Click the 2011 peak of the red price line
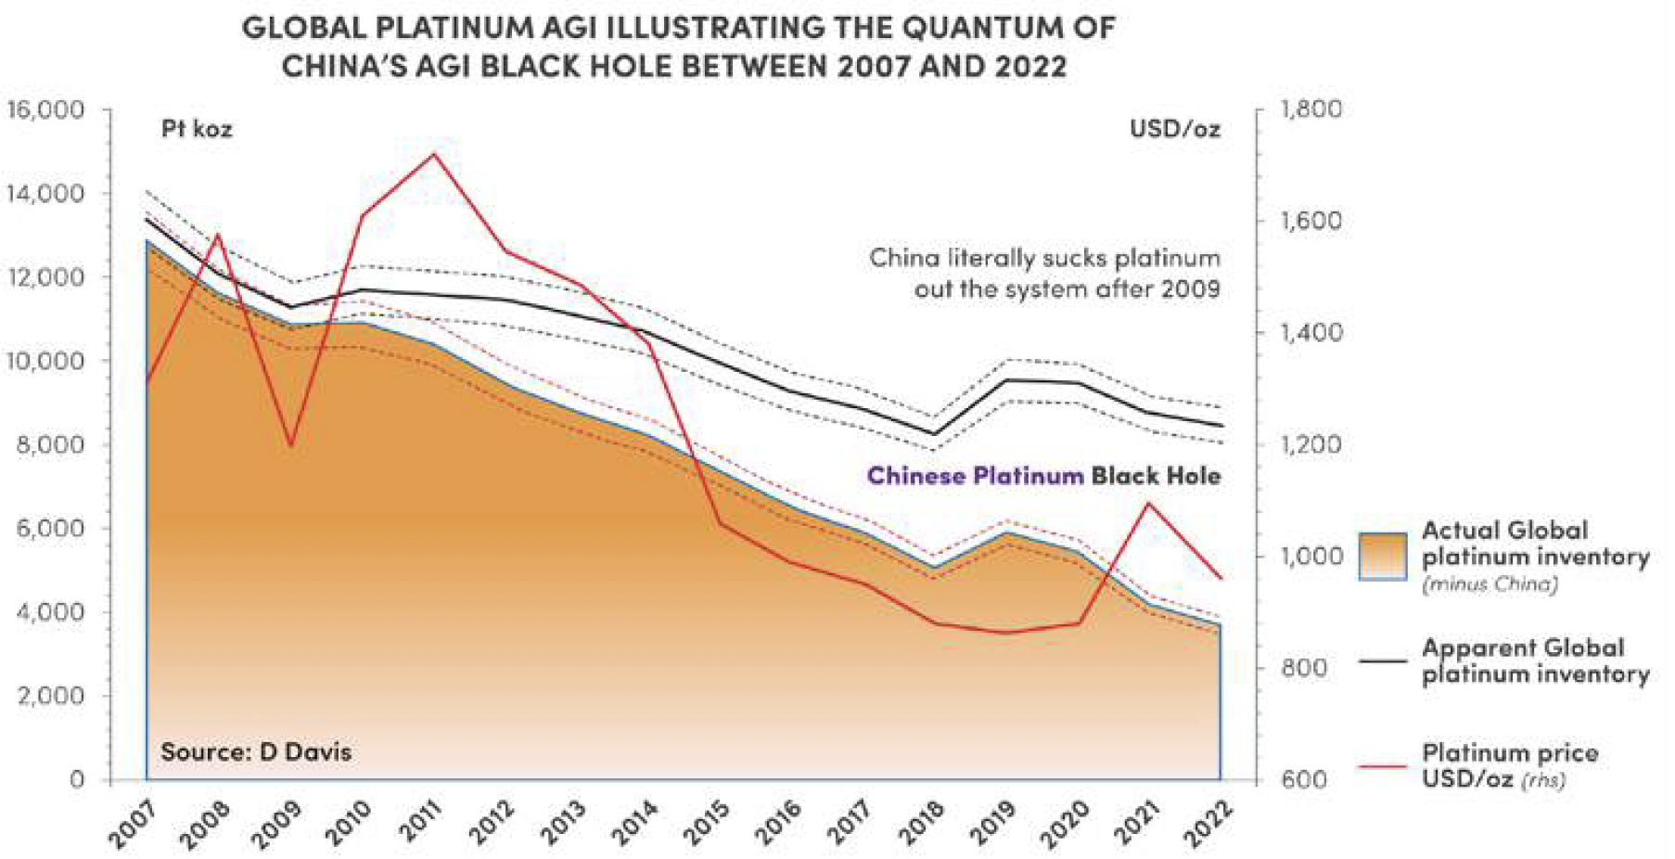pos(434,154)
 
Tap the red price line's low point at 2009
pos(291,445)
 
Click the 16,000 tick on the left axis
pos(46,109)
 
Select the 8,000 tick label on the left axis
pos(51,444)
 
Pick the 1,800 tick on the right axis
pos(1311,109)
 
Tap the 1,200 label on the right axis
pos(1311,444)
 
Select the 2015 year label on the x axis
pos(707,824)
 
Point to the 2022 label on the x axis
pos(1208,824)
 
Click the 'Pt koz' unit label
pos(197,128)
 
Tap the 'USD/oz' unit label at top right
pos(1174,129)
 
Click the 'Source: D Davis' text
pos(256,751)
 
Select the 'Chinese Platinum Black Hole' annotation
pos(1043,476)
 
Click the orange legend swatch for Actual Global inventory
pos(1382,557)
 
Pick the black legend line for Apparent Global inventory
pos(1382,660)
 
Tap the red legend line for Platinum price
pos(1382,766)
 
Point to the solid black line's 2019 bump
pos(1007,379)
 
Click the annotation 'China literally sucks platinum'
pos(1044,257)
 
